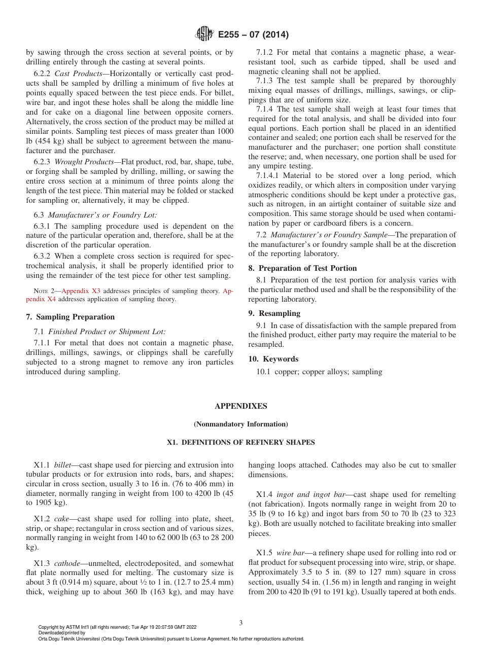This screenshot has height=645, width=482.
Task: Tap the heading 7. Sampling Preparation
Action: (x=70, y=317)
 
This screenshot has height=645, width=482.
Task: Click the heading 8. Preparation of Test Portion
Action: (x=302, y=268)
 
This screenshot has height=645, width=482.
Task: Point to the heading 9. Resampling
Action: (x=274, y=313)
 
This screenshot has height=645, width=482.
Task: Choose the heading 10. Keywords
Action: (x=273, y=359)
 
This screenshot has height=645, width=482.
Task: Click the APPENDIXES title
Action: (x=240, y=406)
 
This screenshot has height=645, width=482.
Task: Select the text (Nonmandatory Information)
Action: (x=240, y=424)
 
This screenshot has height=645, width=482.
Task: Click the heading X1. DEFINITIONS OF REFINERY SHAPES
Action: (x=240, y=442)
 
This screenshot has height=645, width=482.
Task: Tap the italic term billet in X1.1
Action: (x=62, y=465)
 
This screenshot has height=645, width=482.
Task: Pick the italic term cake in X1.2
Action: (x=61, y=519)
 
